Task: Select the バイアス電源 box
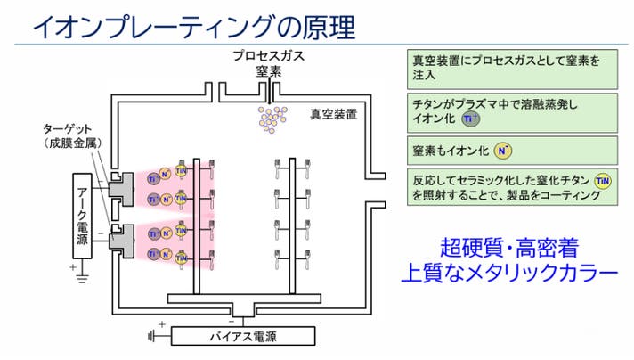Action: click(242, 337)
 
